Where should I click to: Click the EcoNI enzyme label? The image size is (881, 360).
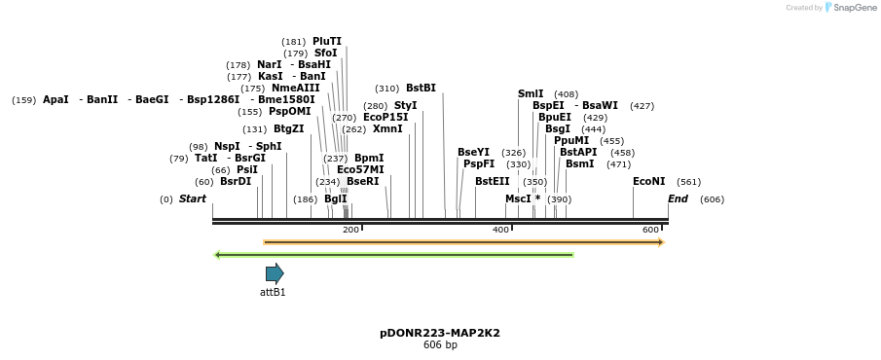point(648,181)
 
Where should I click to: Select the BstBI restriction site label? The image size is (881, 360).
point(421,88)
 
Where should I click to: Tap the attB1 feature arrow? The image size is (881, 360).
point(275,273)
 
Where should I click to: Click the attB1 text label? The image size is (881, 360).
point(273,292)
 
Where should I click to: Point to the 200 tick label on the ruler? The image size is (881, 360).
point(350,230)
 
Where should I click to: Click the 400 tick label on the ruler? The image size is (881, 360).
point(500,230)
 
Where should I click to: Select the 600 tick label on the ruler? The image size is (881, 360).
point(650,230)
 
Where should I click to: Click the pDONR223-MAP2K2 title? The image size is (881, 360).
point(440,333)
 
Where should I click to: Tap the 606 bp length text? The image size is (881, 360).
point(440,345)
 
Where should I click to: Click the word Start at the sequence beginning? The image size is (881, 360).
point(193,198)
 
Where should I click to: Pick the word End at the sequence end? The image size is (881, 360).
point(678,198)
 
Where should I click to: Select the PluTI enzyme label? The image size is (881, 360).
point(327,41)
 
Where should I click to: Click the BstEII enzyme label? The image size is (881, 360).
point(492,181)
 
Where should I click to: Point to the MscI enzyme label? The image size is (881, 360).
point(517,198)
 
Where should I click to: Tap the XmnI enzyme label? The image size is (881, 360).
point(387,128)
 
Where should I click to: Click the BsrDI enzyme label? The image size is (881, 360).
point(236,181)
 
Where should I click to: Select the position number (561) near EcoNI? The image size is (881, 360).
point(688,182)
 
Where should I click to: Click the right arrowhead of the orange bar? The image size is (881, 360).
point(661,242)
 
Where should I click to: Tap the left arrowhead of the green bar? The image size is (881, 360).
point(217,255)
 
